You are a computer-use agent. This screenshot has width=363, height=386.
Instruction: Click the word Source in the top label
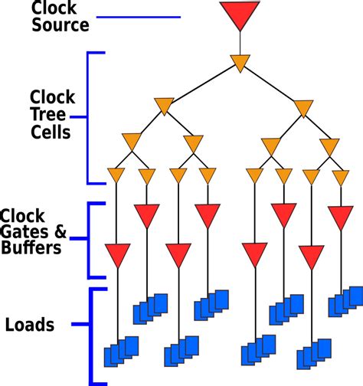[60, 25]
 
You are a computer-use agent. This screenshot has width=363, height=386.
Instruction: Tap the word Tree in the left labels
[47, 114]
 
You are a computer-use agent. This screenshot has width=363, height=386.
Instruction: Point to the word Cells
[51, 132]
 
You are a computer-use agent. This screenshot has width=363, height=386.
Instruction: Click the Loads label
[29, 325]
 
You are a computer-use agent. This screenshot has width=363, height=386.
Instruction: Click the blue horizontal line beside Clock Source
[141, 17]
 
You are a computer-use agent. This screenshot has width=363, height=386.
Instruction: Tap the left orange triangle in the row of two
[164, 106]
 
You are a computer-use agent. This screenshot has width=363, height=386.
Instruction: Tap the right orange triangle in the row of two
[303, 107]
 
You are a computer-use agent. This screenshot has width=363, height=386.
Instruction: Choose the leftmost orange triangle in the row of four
[131, 142]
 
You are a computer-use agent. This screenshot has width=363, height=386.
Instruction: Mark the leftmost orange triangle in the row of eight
[116, 175]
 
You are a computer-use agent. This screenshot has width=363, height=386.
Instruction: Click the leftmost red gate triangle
[117, 253]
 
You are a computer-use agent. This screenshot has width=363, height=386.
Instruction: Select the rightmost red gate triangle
[341, 216]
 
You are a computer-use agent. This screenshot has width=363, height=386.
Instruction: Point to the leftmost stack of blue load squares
[121, 350]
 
